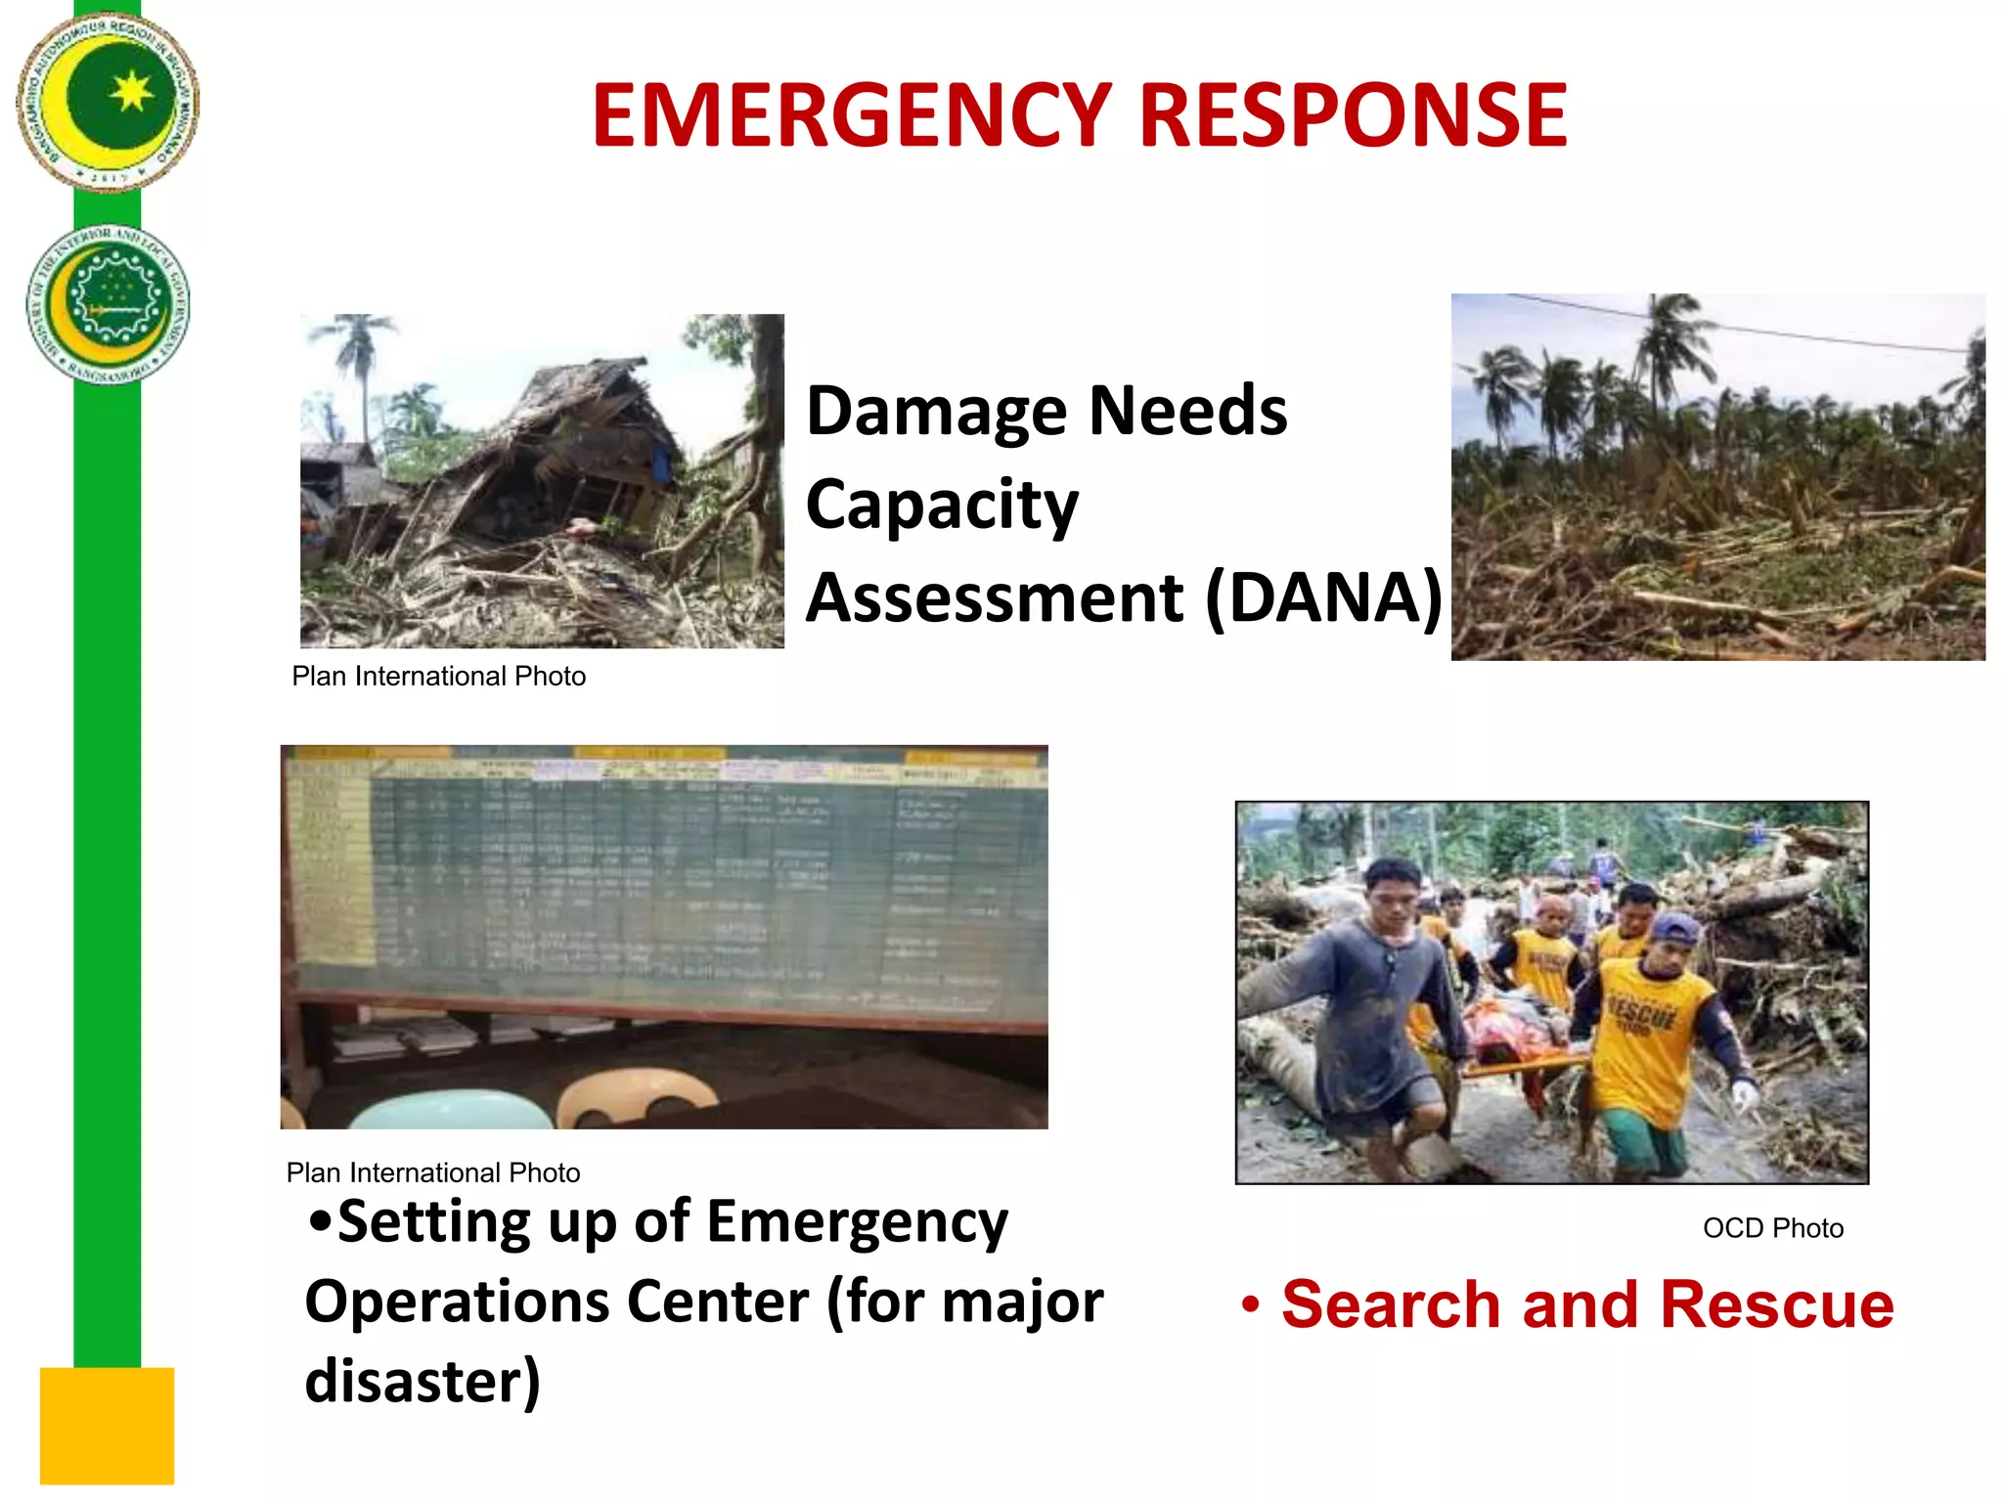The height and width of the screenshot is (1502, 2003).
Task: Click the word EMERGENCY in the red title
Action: [x=851, y=115]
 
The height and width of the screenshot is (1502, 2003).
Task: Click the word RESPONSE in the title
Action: [x=1354, y=115]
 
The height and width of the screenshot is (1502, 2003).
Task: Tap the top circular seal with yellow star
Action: [x=109, y=101]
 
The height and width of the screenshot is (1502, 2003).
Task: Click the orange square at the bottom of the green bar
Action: [x=107, y=1425]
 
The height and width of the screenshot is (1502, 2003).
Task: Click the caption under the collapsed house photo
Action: [x=438, y=676]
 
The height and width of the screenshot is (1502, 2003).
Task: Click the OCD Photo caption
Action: [x=1772, y=1228]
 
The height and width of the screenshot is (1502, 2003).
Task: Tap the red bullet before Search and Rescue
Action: [x=1250, y=1305]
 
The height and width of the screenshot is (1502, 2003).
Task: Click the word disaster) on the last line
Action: [x=423, y=1382]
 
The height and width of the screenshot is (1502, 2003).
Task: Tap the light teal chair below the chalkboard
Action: [x=450, y=1110]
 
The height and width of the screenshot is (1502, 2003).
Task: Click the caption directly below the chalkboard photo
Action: [x=433, y=1172]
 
